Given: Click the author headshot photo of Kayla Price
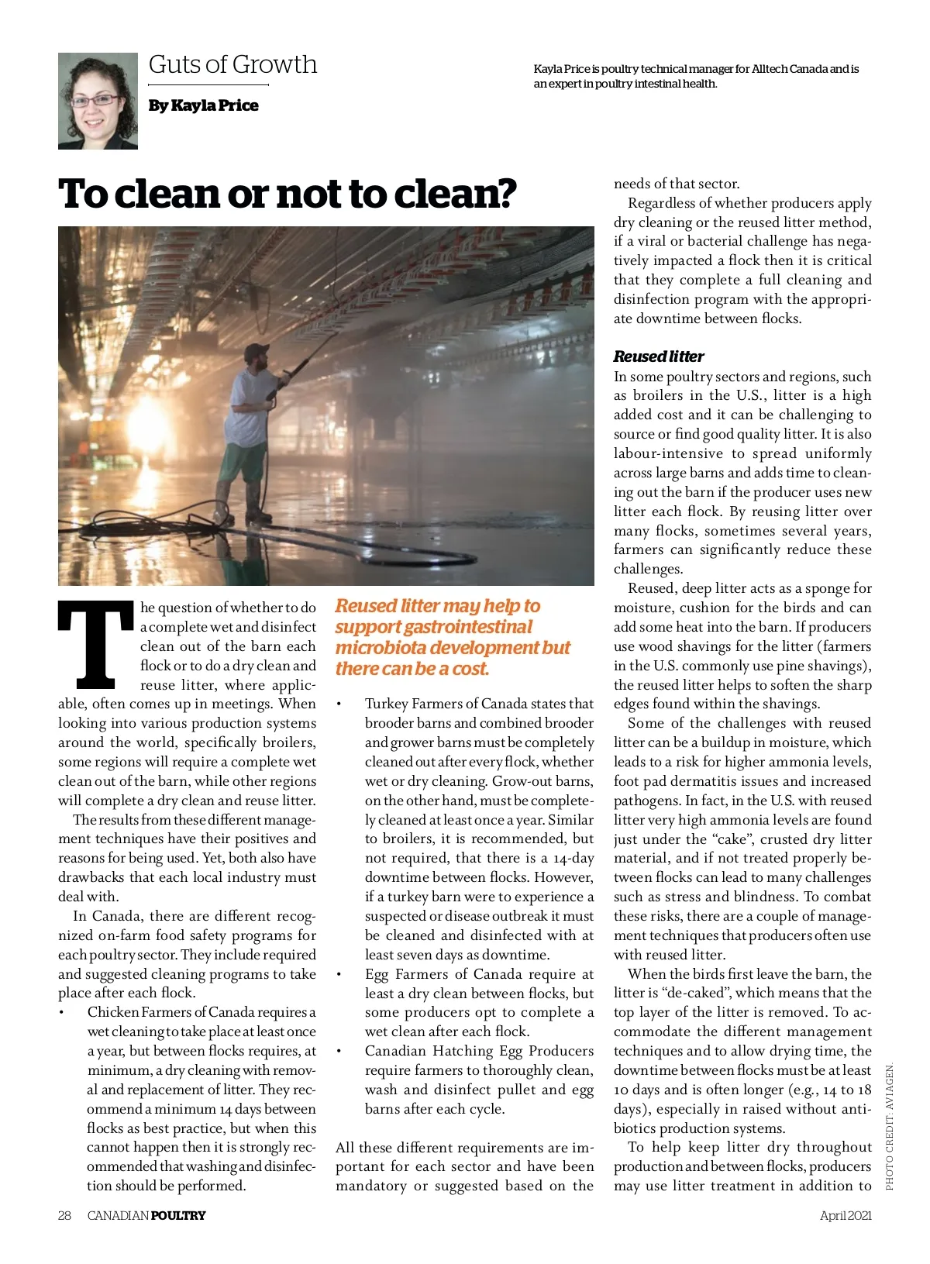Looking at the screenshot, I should pos(98,101).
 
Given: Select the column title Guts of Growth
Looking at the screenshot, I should pos(232,64).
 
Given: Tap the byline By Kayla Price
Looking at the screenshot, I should pos(204,105).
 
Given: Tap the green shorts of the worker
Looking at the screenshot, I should pos(245,463).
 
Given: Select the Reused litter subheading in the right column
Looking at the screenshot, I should pos(658,356).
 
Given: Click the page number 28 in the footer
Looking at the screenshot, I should pos(64,1215).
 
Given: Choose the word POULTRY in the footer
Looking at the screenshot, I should pos(178,1215).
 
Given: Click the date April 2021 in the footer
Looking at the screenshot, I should pos(846,1215).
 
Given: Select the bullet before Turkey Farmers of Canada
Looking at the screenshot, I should pos(339,704).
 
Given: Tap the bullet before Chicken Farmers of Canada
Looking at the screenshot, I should pos(61,1012).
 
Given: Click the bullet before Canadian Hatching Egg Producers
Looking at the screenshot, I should pos(339,1051).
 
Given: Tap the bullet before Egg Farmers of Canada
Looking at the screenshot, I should pos(339,974).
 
